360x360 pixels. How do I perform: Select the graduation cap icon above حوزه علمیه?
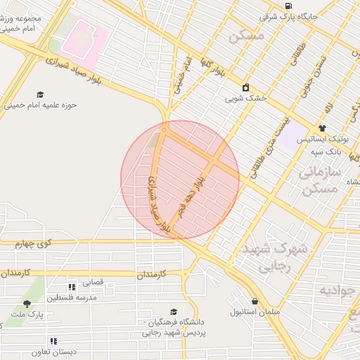tap(40, 94)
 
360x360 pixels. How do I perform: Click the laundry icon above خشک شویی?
tap(246, 88)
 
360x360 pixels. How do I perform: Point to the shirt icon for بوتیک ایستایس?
tap(322, 128)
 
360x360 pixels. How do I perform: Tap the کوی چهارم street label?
tap(34, 244)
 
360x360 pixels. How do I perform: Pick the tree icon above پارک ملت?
tap(27, 304)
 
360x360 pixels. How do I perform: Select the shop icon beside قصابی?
tap(72, 286)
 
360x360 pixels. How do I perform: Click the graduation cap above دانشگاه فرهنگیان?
tap(174, 312)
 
